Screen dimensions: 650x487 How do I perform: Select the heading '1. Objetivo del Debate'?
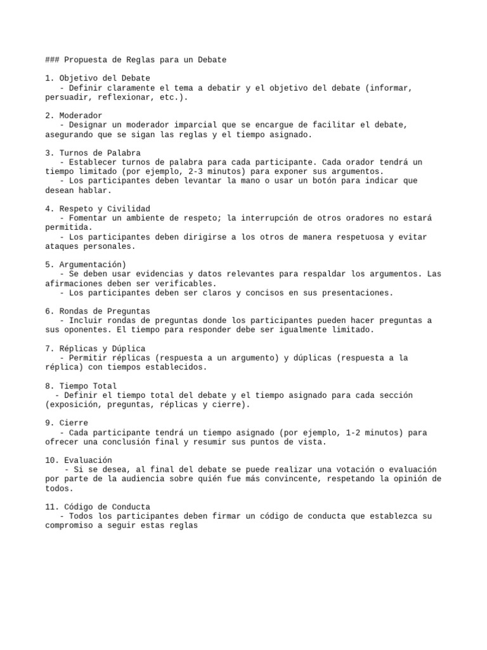click(98, 78)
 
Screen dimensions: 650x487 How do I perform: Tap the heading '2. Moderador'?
click(74, 116)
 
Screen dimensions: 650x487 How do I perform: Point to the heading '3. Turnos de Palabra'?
click(93, 153)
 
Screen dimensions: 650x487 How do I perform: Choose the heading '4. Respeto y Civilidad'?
click(98, 209)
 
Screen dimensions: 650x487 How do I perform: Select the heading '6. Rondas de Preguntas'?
click(98, 311)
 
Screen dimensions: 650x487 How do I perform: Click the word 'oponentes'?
click(86, 330)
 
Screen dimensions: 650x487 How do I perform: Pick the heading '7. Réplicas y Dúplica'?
click(95, 348)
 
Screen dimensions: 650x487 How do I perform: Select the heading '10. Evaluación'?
click(79, 460)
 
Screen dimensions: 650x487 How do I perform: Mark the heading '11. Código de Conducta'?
click(98, 507)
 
